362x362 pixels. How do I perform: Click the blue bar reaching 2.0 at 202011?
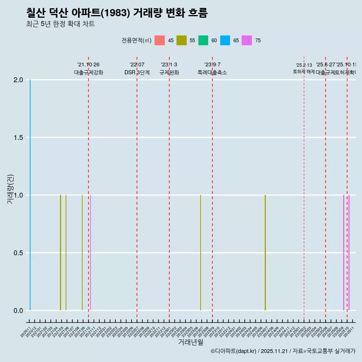[x=30, y=195]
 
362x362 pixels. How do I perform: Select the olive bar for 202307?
[x=201, y=253]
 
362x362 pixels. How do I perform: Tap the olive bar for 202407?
[x=265, y=253]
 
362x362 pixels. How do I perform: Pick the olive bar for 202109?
[x=82, y=253]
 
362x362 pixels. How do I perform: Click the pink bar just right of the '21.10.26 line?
[x=90, y=253]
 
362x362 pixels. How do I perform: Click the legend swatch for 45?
[x=160, y=40]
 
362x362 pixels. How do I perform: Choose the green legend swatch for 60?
[x=203, y=40]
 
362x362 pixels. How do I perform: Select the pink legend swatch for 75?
[x=247, y=40]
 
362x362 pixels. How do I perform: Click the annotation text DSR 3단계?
[x=137, y=72]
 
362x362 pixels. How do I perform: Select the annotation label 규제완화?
[x=169, y=72]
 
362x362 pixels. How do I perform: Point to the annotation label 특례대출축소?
[x=212, y=72]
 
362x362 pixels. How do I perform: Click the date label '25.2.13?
[x=304, y=65]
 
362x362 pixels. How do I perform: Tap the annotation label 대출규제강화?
[x=88, y=72]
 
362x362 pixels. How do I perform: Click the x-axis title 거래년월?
[x=190, y=342]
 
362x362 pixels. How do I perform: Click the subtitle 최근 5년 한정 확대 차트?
[x=60, y=24]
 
